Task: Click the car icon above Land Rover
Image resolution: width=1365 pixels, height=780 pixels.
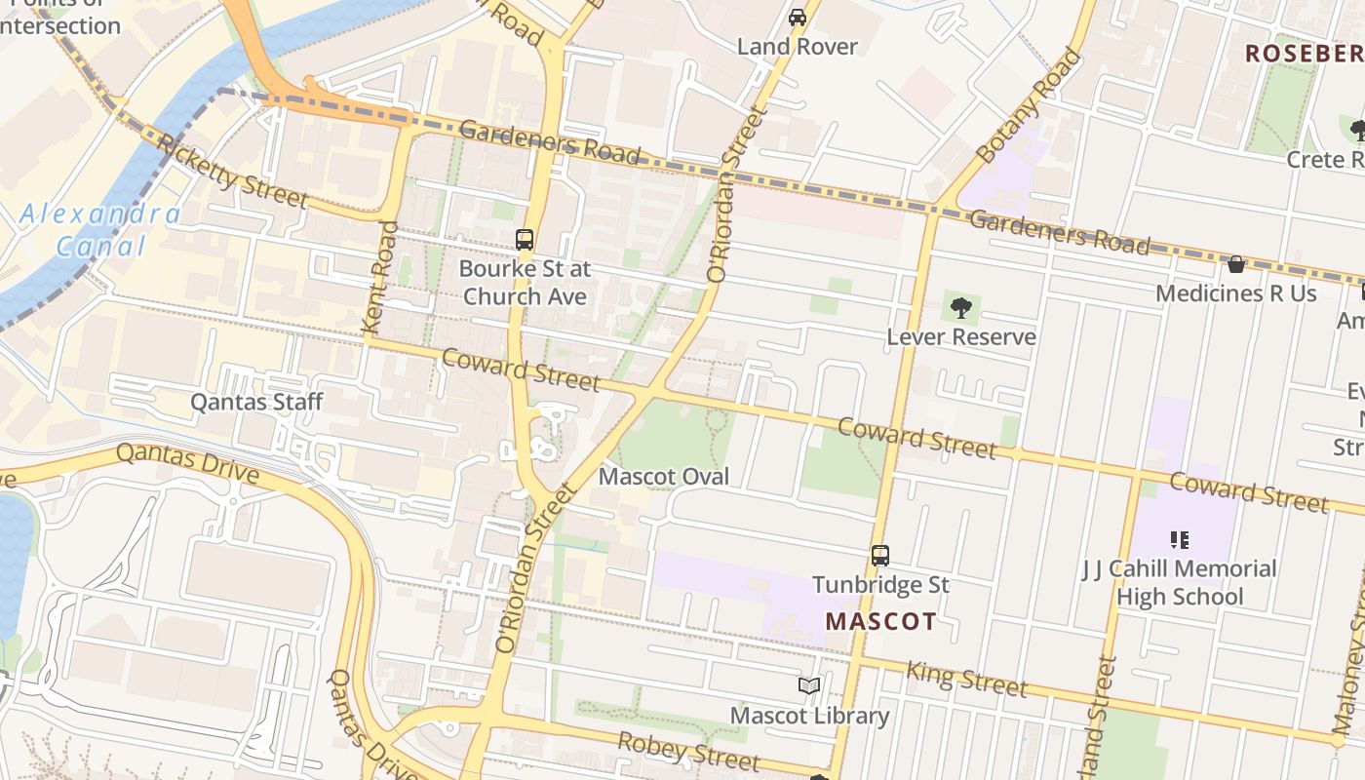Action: pyautogui.click(x=798, y=17)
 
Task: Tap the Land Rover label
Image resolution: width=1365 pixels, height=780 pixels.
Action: pyautogui.click(x=798, y=46)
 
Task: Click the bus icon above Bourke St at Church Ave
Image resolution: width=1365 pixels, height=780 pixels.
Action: pyautogui.click(x=525, y=239)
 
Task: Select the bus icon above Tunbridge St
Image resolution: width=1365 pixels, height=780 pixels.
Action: pyautogui.click(x=880, y=556)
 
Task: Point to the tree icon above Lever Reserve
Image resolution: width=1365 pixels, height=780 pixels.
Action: pyautogui.click(x=961, y=308)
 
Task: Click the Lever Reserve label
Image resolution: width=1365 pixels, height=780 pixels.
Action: pyautogui.click(x=961, y=337)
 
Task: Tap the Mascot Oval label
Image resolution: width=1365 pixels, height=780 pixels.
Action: pyautogui.click(x=664, y=477)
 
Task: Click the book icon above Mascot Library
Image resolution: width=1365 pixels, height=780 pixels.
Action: pyautogui.click(x=809, y=685)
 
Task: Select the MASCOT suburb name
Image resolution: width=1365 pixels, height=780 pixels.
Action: pyautogui.click(x=880, y=621)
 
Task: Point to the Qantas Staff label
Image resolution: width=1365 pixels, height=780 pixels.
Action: pyautogui.click(x=256, y=402)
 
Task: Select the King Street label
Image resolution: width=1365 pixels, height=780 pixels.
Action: pyautogui.click(x=966, y=679)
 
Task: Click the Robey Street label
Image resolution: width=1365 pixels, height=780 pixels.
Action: pyautogui.click(x=688, y=750)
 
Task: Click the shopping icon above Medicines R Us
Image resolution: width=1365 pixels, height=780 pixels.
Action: pyautogui.click(x=1235, y=264)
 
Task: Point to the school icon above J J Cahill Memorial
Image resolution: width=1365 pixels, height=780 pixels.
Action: pyautogui.click(x=1180, y=539)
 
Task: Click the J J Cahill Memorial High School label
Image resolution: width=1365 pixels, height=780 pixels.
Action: pyautogui.click(x=1180, y=582)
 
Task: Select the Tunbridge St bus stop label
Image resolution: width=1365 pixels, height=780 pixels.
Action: pyautogui.click(x=880, y=585)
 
